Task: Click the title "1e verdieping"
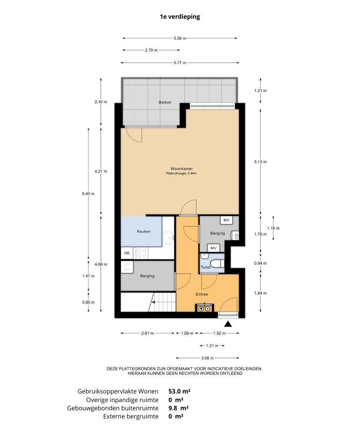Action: click(180, 17)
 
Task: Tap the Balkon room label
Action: click(165, 102)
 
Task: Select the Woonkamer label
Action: click(182, 169)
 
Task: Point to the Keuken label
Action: click(144, 231)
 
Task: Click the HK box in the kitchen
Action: click(127, 253)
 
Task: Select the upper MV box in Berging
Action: click(226, 220)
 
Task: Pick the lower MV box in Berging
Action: click(214, 248)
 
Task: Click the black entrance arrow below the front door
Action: click(228, 324)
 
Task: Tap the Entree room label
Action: click(202, 294)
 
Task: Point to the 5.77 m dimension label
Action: click(180, 63)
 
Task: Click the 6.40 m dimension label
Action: click(89, 193)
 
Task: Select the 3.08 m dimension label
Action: click(207, 358)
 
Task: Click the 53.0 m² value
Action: click(179, 391)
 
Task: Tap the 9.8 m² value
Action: click(179, 408)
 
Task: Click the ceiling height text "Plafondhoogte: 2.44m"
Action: click(181, 174)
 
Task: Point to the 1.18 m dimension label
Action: click(273, 228)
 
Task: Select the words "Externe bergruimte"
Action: click(131, 416)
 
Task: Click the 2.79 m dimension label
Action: click(151, 50)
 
